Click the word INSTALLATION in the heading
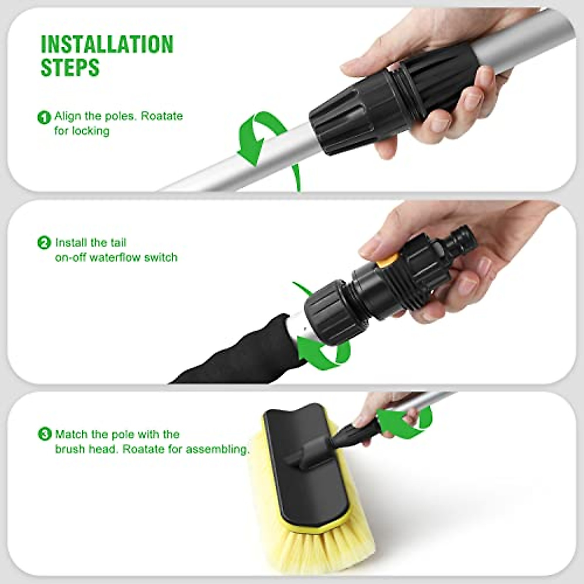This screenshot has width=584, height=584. click(107, 44)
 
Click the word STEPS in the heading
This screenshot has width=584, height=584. click(70, 68)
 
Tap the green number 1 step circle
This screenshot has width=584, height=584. click(44, 117)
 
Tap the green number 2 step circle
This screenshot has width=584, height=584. click(44, 243)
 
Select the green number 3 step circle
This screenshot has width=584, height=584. click(44, 434)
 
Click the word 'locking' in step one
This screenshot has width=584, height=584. click(91, 131)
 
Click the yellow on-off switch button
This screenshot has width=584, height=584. click(386, 260)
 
